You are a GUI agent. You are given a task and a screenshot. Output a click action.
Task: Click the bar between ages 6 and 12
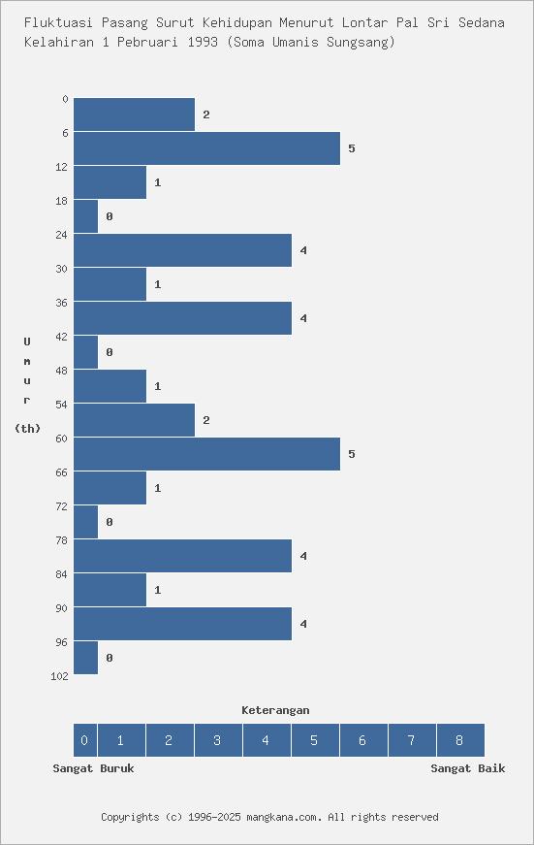(x=206, y=148)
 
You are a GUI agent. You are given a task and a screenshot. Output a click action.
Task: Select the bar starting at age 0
(x=134, y=114)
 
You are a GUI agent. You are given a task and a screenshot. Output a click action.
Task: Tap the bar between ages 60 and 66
(x=206, y=454)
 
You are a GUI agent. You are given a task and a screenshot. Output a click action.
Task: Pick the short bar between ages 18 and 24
(x=86, y=216)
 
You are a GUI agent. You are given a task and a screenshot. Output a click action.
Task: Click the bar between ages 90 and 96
(x=182, y=624)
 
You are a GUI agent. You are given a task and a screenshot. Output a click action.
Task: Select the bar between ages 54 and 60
(x=134, y=420)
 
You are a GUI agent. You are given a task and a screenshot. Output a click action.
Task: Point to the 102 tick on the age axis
(x=59, y=676)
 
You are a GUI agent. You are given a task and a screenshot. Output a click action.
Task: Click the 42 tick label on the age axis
(x=62, y=337)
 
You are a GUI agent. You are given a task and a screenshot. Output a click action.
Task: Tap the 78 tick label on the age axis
(x=62, y=540)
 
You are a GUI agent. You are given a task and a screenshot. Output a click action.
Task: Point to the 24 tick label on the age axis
(x=62, y=235)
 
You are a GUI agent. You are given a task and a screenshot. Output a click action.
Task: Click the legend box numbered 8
(x=459, y=740)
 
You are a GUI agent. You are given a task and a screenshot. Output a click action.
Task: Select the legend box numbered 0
(x=84, y=740)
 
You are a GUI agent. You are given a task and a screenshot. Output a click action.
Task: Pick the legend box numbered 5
(x=314, y=740)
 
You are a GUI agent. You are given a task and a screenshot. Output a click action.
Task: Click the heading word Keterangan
(x=275, y=710)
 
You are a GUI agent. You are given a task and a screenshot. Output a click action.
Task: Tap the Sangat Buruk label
(x=93, y=768)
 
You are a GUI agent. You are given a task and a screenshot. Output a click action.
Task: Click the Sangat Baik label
(x=467, y=768)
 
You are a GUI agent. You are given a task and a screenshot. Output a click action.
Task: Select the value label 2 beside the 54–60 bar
(x=206, y=420)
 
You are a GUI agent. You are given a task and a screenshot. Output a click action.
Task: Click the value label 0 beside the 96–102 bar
(x=110, y=658)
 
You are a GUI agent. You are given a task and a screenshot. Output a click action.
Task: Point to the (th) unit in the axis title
(x=27, y=429)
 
